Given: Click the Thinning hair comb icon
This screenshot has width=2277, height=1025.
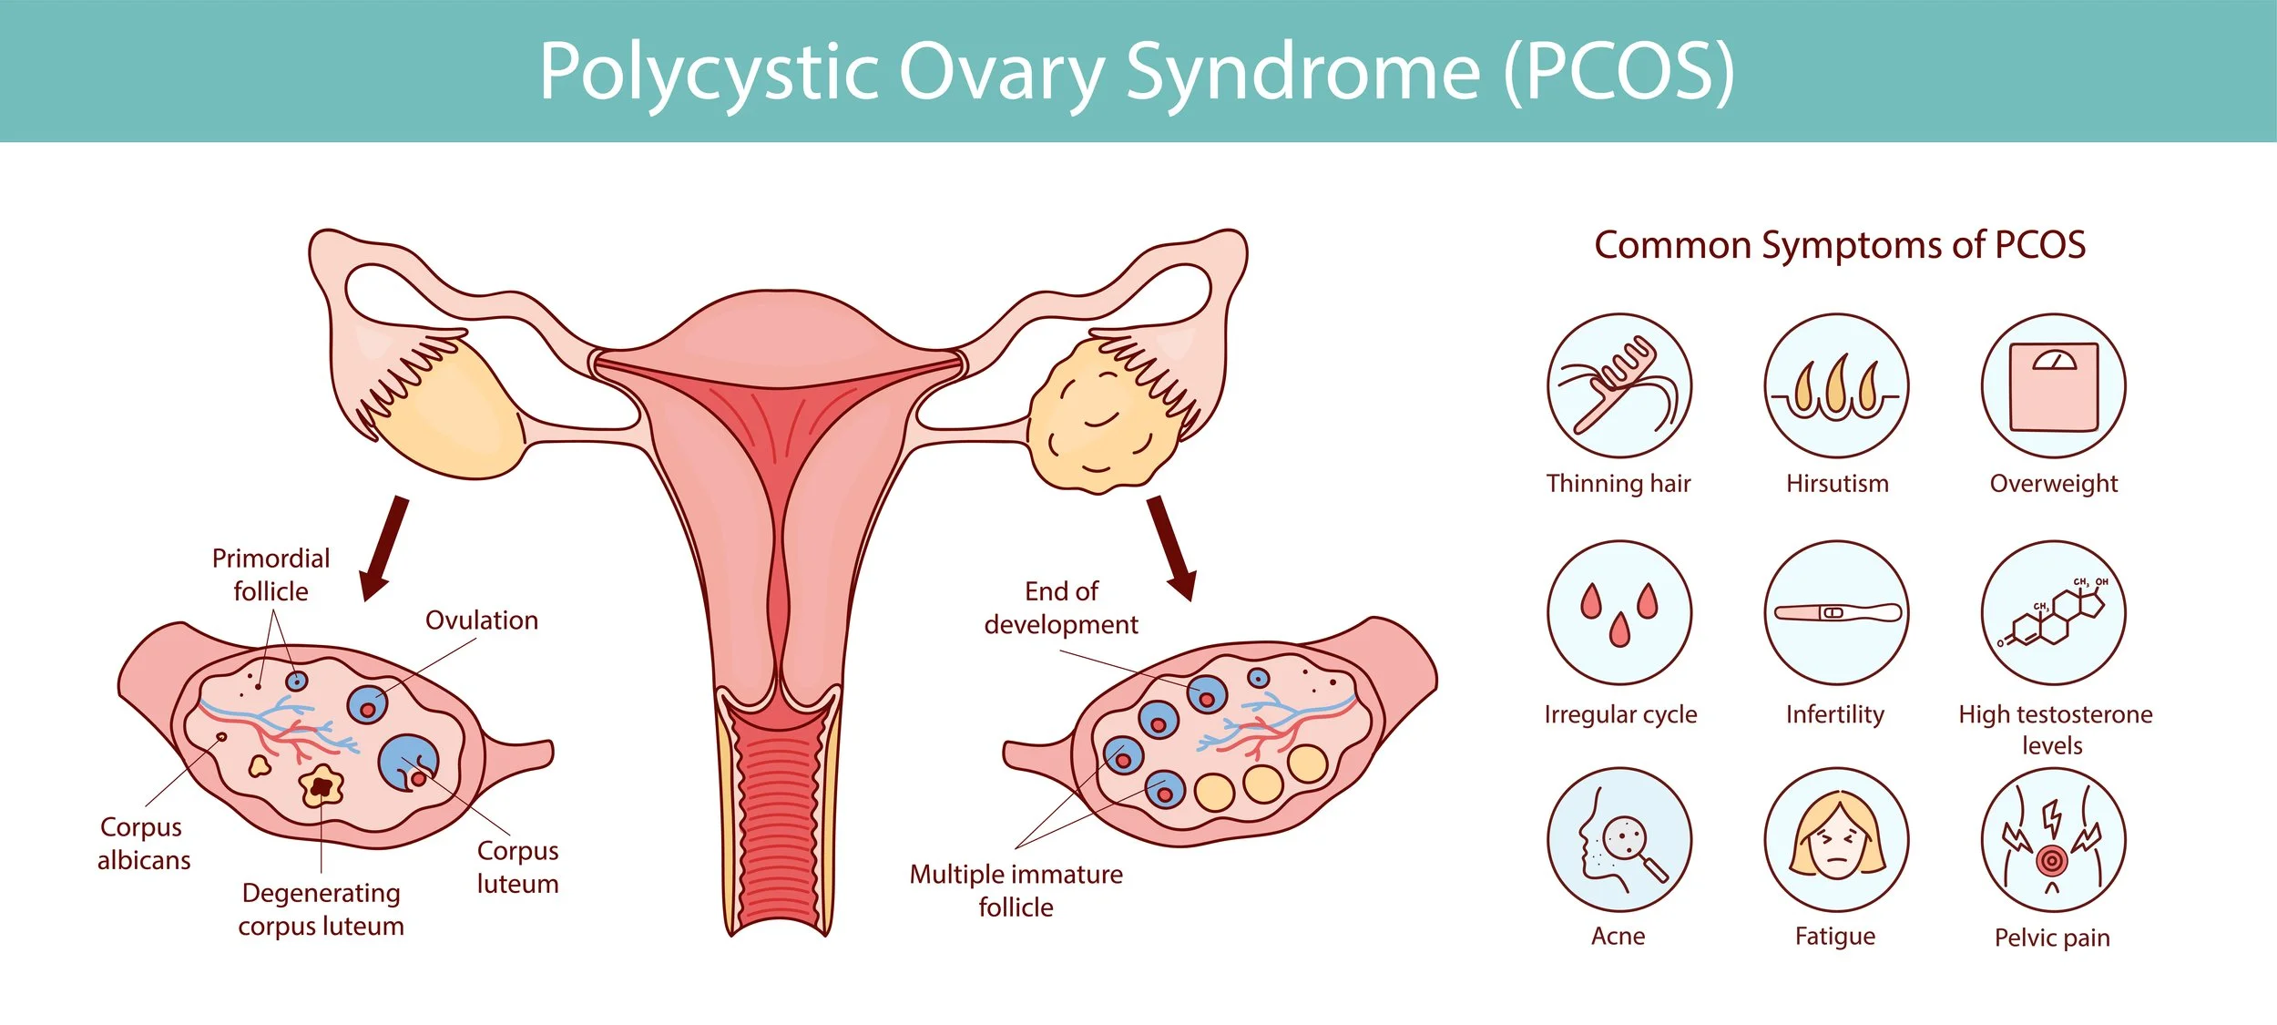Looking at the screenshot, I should coord(1618,386).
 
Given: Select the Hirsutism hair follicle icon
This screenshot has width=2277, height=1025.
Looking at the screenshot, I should coord(1836,386).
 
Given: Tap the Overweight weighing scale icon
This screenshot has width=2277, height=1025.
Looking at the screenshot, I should coord(2053,386).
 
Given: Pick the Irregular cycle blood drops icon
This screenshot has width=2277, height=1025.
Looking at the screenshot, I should coord(1618,612).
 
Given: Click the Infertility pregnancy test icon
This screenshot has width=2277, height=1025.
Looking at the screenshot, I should coord(1836,612).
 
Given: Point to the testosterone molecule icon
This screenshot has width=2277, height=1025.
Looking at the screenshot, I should coord(2053,612).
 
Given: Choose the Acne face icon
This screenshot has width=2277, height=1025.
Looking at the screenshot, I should coord(1618,839).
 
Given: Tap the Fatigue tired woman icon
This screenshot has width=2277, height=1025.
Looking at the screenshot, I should coord(1836,839).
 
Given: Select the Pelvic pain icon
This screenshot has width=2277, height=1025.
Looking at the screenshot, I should coord(2053,839).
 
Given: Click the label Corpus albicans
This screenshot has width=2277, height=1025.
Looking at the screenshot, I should coord(143,843).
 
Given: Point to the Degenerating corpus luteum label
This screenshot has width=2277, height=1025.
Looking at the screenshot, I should coord(321,908).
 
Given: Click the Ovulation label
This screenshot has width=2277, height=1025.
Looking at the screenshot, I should coord(482,620).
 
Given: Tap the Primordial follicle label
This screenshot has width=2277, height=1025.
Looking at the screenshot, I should coord(271,575).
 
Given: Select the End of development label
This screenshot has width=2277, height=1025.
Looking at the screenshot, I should coord(1061,608).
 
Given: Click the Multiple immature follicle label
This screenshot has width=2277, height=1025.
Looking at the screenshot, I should coord(1016,890).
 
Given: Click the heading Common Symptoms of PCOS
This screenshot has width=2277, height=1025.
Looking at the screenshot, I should coord(1840,245).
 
